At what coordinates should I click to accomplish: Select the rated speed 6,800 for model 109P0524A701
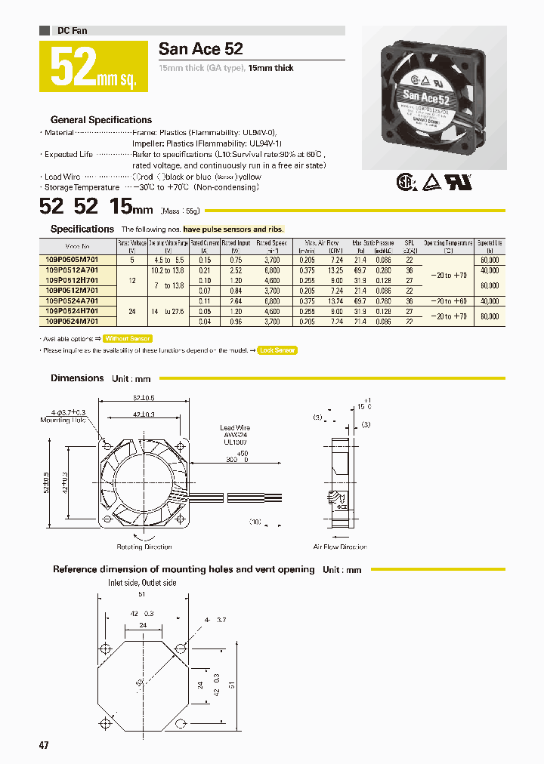(x=273, y=300)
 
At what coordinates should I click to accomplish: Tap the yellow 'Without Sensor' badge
(x=128, y=339)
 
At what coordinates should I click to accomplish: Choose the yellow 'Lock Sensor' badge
(x=277, y=350)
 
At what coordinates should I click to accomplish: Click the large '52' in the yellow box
(x=73, y=67)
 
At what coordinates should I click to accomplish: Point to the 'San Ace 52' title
(x=201, y=49)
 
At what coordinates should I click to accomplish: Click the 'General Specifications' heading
(x=101, y=120)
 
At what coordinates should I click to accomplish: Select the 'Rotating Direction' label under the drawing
(x=144, y=547)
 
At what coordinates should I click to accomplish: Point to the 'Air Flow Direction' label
(x=340, y=547)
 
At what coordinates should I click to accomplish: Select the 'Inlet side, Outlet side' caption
(x=142, y=583)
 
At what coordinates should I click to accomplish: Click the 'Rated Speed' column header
(x=272, y=246)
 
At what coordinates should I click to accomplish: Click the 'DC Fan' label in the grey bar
(x=73, y=30)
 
